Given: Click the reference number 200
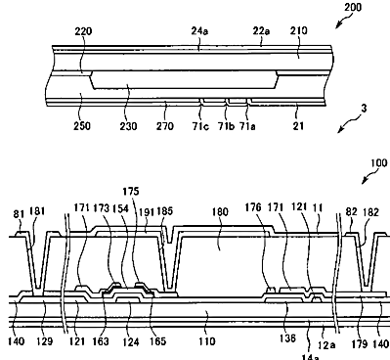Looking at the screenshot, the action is point(353,7).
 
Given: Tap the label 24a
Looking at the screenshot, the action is point(199,31).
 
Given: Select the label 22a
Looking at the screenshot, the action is point(261,31).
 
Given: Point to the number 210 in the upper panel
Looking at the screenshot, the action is point(298,30).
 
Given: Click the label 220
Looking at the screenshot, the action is point(83,31).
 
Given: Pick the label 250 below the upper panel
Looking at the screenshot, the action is point(81,126).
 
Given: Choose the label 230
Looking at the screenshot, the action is point(128,126).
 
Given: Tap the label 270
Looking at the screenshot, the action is point(165,126).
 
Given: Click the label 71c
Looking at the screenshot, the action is point(200,126).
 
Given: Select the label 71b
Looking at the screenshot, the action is point(226,126).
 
